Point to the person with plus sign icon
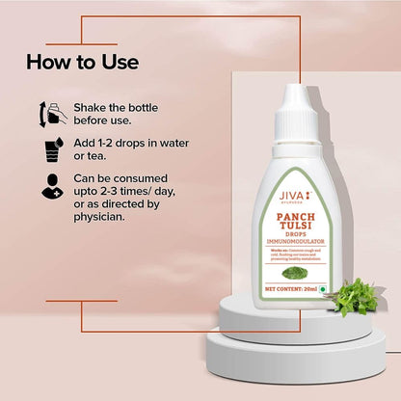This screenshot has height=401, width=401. pos(51,189)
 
